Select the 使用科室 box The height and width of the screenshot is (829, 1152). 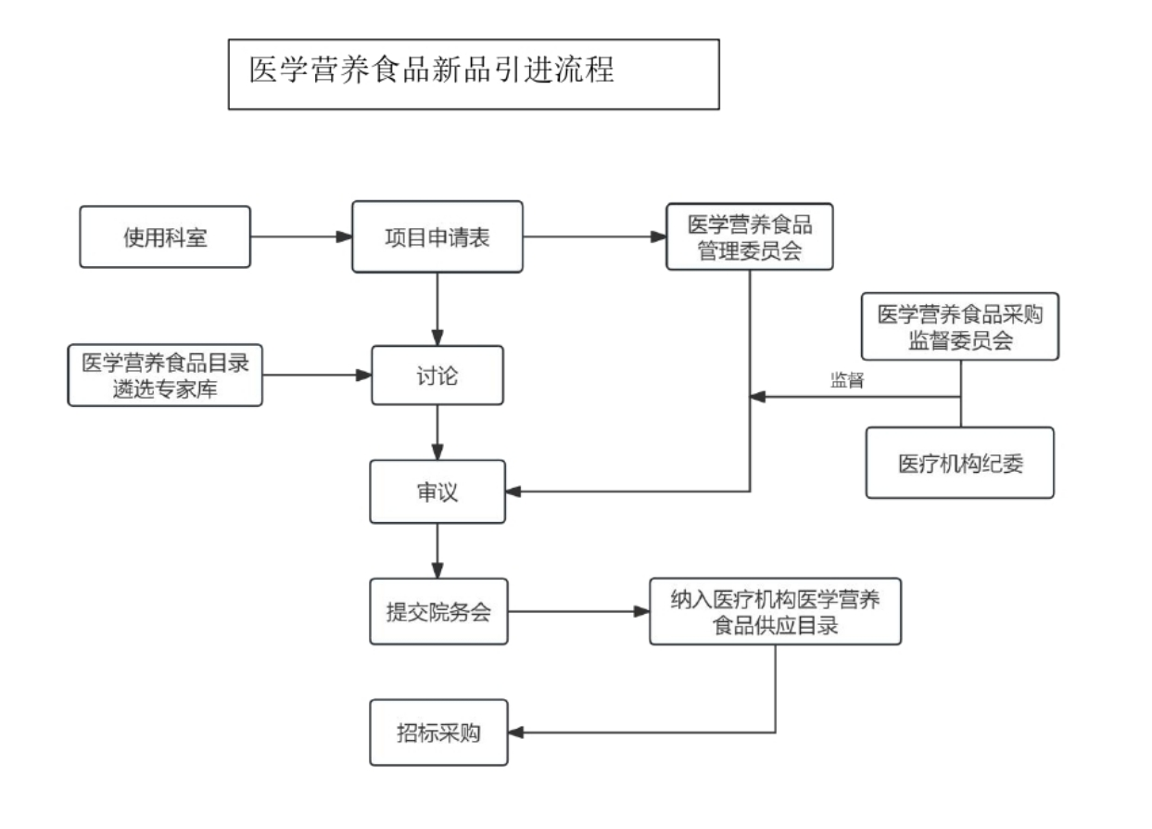click(x=165, y=237)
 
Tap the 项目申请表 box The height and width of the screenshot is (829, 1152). click(x=437, y=237)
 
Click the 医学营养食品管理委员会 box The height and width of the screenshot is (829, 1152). click(x=749, y=237)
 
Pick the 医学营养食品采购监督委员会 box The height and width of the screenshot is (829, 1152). click(x=959, y=326)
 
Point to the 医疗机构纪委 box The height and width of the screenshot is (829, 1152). click(x=959, y=463)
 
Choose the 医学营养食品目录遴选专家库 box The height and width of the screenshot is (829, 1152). click(x=165, y=376)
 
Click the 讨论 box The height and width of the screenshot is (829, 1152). click(x=437, y=376)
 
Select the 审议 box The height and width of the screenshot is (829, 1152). click(x=437, y=491)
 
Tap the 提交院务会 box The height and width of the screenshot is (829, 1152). click(x=437, y=612)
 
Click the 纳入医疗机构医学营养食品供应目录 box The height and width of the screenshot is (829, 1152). click(x=775, y=612)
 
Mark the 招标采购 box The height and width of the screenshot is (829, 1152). click(x=437, y=733)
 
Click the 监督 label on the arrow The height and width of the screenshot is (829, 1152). click(x=847, y=380)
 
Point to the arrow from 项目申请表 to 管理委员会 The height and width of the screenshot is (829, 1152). click(x=594, y=237)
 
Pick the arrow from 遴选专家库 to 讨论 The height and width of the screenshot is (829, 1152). click(x=316, y=376)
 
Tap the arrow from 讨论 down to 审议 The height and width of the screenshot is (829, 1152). click(x=437, y=432)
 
